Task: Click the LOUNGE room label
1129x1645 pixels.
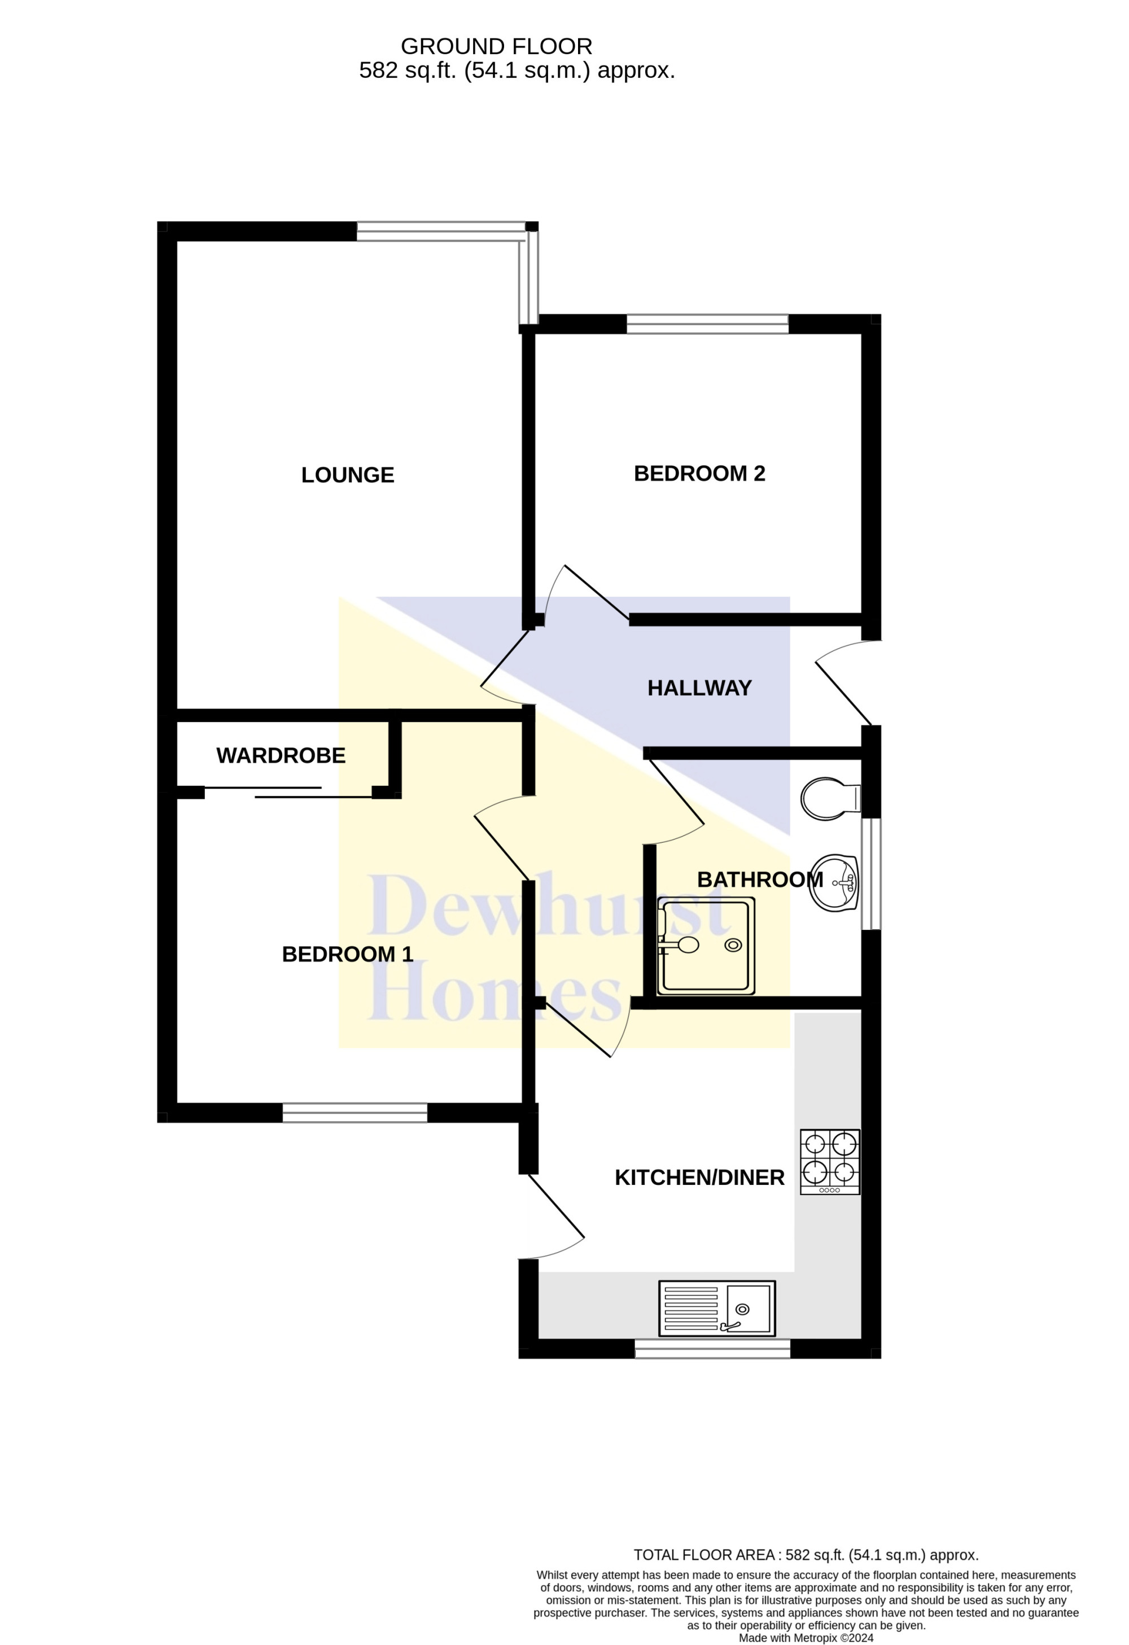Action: (x=348, y=475)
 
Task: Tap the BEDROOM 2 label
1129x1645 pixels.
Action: (x=699, y=474)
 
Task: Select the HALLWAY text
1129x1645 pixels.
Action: (x=699, y=688)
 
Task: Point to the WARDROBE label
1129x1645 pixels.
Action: (x=281, y=756)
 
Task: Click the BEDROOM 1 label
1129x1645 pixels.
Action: (x=348, y=954)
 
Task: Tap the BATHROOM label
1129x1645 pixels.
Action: (x=760, y=880)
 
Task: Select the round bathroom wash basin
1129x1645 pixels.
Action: (x=834, y=883)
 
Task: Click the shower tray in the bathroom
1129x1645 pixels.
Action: (x=706, y=946)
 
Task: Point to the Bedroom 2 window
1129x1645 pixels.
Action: (x=708, y=324)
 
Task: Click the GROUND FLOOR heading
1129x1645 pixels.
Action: (x=497, y=47)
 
